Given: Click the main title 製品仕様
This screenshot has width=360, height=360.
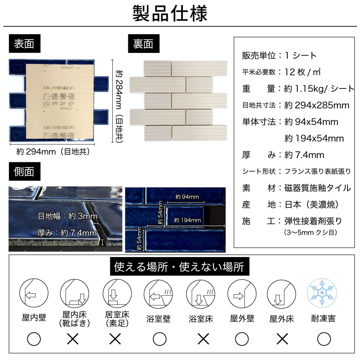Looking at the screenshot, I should click(x=170, y=14).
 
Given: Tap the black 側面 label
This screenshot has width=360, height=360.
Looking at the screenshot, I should click(x=24, y=171).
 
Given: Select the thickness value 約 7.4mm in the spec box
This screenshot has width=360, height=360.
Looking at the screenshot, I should click(x=304, y=155).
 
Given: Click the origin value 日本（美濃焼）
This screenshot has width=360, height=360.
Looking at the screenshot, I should click(x=311, y=204).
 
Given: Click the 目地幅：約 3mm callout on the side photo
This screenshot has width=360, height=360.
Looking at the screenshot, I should click(x=68, y=216).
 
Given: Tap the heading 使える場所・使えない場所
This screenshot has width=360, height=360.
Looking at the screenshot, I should click(x=179, y=267).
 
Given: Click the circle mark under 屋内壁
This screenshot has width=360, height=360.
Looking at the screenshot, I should click(x=34, y=339).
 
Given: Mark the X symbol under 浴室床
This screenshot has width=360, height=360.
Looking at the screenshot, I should click(x=203, y=339).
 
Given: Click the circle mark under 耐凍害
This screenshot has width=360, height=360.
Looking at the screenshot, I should click(x=324, y=339).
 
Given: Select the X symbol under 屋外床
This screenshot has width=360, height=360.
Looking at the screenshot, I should click(x=282, y=339).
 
